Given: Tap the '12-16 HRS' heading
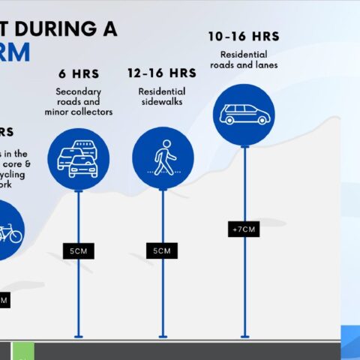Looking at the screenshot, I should click(x=161, y=73).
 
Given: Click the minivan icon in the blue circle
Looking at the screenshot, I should click(x=244, y=114).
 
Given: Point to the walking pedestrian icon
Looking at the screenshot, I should click(x=163, y=158).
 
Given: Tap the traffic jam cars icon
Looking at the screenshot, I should click(x=78, y=158).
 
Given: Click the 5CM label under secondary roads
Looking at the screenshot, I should click(x=79, y=251).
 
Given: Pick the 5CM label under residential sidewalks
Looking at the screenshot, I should click(x=162, y=251).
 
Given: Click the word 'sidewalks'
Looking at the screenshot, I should click(x=162, y=102).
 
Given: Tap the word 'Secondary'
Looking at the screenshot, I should click(x=78, y=91).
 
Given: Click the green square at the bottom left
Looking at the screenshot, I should click(x=23, y=350).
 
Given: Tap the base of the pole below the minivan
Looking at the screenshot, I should click(x=244, y=336).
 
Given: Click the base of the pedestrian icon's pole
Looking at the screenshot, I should click(x=163, y=336).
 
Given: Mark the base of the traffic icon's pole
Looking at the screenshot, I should click(x=79, y=336).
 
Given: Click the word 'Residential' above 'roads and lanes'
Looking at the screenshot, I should click(x=244, y=54).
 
